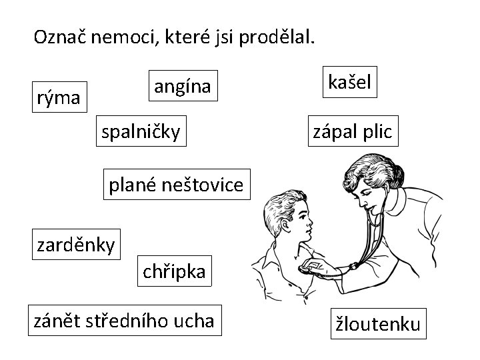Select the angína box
click(x=183, y=85)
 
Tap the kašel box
click(x=349, y=82)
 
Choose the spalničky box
click(x=140, y=132)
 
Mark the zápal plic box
click(x=353, y=131)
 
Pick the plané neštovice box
click(x=177, y=185)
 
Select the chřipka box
click(x=175, y=271)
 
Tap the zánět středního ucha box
click(x=125, y=321)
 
